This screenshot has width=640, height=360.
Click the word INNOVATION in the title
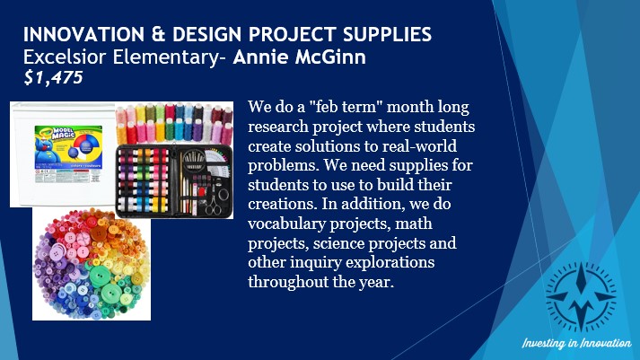click(x=84, y=34)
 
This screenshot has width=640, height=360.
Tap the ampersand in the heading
click(x=158, y=34)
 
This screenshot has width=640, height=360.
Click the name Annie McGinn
click(x=299, y=57)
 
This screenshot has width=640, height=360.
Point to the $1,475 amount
click(x=54, y=77)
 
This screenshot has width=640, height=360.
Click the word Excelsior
click(x=65, y=57)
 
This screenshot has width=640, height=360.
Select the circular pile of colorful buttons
click(x=92, y=264)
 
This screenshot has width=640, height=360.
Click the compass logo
click(x=581, y=296)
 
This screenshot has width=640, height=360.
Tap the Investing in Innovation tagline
click(x=577, y=343)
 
